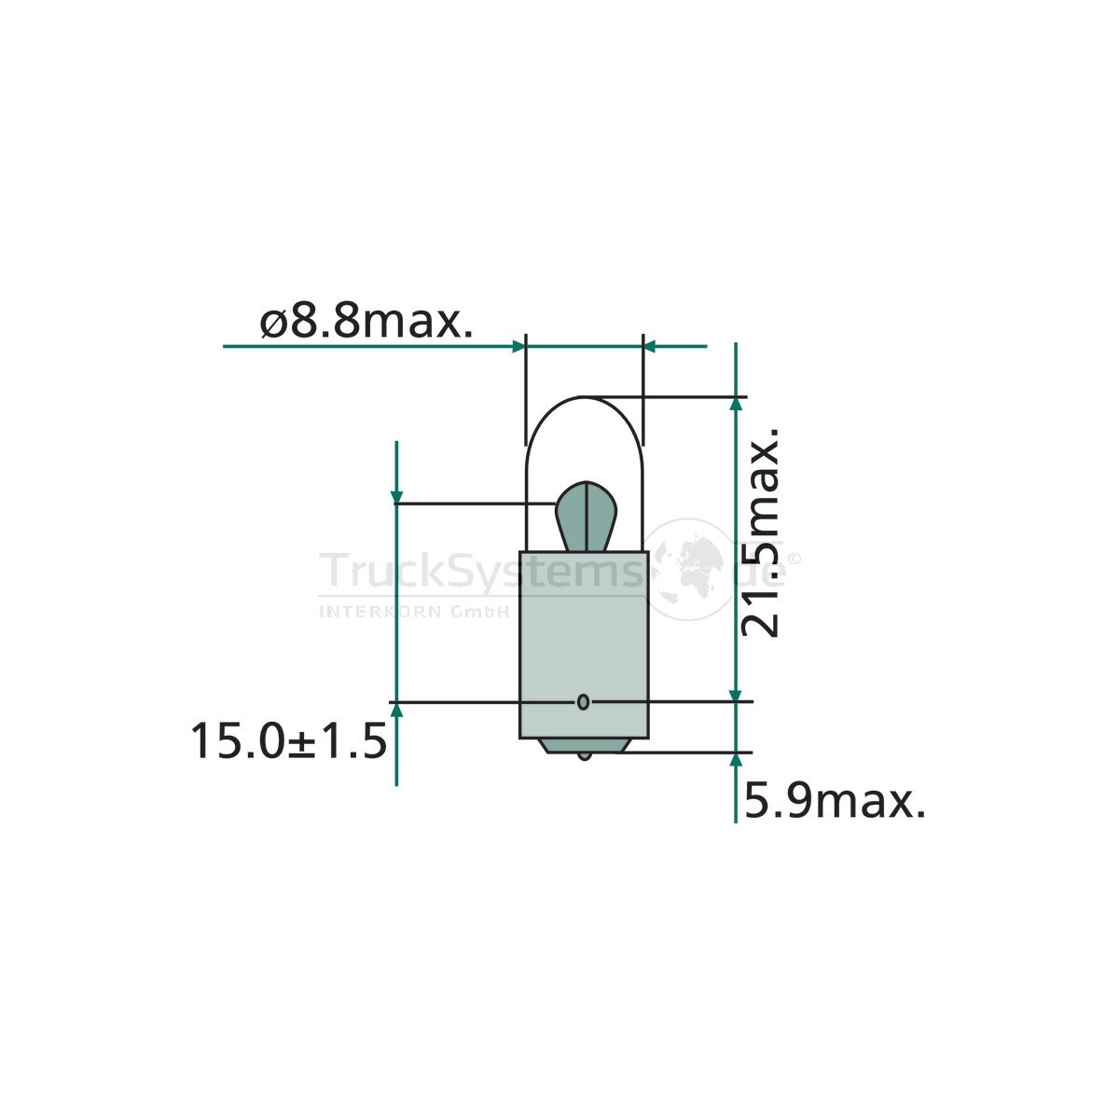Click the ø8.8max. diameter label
tap(366, 322)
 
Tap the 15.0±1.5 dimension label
tap(288, 741)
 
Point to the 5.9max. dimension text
tap(835, 802)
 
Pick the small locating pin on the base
tap(583, 702)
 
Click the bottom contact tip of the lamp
tap(585, 756)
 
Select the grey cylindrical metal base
tap(584, 644)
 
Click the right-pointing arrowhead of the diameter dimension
tap(518, 347)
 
